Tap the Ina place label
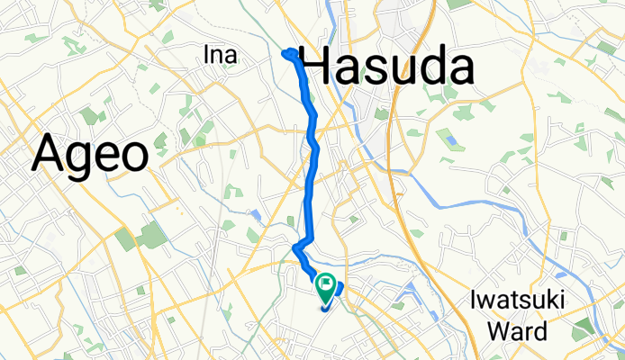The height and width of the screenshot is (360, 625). tap(221, 56)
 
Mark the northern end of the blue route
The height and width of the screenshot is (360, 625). tap(286, 53)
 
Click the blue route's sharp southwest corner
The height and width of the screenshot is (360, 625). tap(295, 247)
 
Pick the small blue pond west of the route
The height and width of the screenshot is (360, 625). tap(257, 215)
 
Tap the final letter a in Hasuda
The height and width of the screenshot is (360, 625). tap(460, 70)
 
